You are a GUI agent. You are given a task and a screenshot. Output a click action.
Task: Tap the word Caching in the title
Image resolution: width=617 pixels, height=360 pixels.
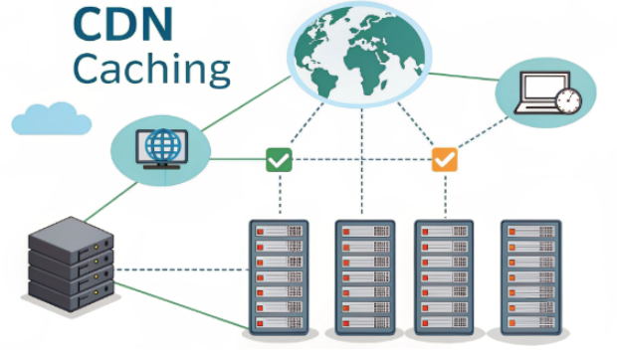[152, 68]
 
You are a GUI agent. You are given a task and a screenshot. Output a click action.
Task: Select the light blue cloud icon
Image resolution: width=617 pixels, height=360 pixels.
[50, 119]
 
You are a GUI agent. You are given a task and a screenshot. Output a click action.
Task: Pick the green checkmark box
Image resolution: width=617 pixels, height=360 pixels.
[279, 159]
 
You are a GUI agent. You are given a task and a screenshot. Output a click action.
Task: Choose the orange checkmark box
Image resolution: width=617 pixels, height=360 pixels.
[444, 159]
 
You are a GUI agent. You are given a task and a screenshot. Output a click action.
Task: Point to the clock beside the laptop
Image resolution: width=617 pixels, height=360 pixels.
[568, 100]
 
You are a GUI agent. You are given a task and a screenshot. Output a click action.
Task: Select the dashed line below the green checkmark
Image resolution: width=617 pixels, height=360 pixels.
[279, 194]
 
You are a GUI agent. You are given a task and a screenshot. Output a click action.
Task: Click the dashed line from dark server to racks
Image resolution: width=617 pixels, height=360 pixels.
[179, 269]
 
